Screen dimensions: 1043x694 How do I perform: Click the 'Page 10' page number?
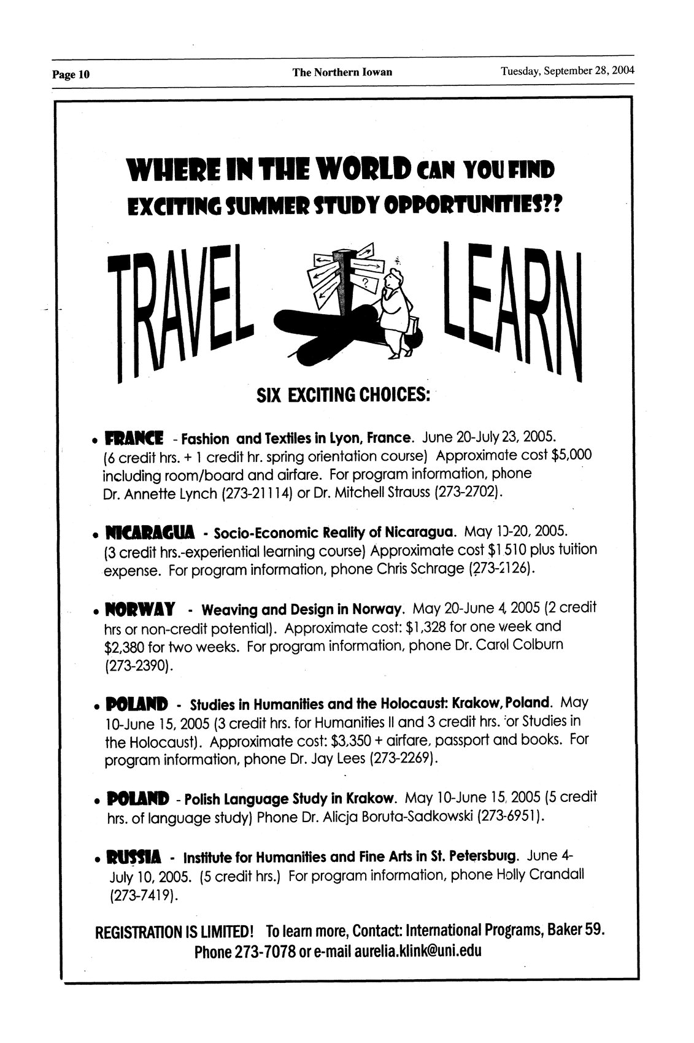click(71, 75)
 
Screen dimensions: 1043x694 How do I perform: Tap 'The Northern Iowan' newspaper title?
click(342, 72)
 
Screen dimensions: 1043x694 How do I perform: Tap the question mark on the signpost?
click(366, 282)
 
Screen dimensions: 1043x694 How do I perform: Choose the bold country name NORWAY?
click(141, 610)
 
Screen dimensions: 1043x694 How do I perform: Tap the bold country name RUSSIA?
click(133, 856)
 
